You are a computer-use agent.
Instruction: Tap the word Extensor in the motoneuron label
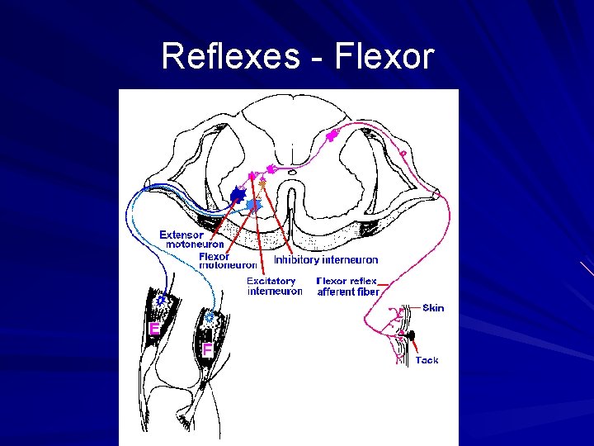pyautogui.click(x=181, y=235)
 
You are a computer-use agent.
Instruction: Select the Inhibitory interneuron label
pyautogui.click(x=326, y=260)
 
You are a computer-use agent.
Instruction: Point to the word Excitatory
pyautogui.click(x=271, y=281)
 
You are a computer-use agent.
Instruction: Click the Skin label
pyautogui.click(x=433, y=308)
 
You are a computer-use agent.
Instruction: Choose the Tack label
pyautogui.click(x=427, y=360)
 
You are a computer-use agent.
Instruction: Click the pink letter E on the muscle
pyautogui.click(x=153, y=329)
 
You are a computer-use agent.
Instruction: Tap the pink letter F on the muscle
pyautogui.click(x=207, y=349)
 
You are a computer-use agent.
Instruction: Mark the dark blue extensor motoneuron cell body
pyautogui.click(x=238, y=195)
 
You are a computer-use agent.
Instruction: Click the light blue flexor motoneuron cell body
pyautogui.click(x=253, y=203)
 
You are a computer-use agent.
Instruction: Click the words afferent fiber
pyautogui.click(x=348, y=292)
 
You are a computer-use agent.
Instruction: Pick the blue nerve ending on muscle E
pyautogui.click(x=162, y=303)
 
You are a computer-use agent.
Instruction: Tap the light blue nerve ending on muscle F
pyautogui.click(x=210, y=316)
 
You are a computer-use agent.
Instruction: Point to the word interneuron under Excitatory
pyautogui.click(x=275, y=291)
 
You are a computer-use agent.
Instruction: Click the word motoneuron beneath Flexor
pyautogui.click(x=229, y=265)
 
